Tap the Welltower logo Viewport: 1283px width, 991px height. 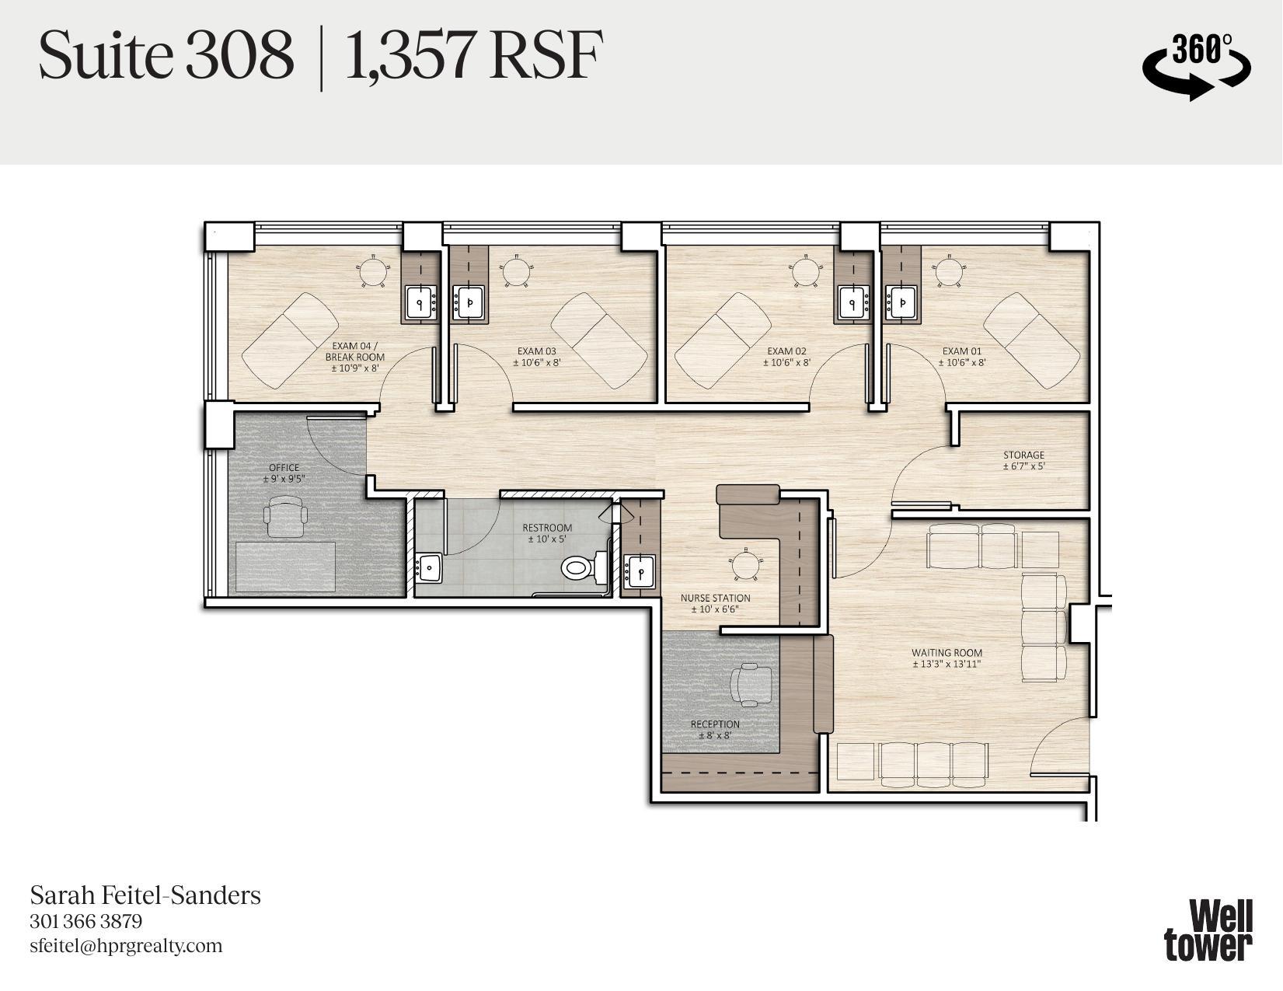click(x=1208, y=930)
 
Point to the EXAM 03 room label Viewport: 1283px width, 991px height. click(x=535, y=356)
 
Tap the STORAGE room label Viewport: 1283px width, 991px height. click(x=1023, y=460)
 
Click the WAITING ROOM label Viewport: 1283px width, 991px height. click(x=947, y=658)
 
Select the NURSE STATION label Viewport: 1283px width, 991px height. click(x=715, y=603)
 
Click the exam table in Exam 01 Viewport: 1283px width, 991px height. click(x=1031, y=340)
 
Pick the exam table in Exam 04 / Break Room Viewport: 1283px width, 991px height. click(x=290, y=340)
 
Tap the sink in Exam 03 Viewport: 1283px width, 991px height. click(x=469, y=302)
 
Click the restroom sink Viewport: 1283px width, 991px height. click(x=428, y=567)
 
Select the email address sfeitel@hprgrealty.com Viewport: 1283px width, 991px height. click(x=126, y=946)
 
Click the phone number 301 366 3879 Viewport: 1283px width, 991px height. click(x=85, y=922)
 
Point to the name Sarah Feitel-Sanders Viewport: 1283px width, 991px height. click(x=145, y=895)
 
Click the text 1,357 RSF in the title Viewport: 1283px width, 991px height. click(x=472, y=56)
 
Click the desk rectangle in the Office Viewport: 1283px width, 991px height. click(x=285, y=567)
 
